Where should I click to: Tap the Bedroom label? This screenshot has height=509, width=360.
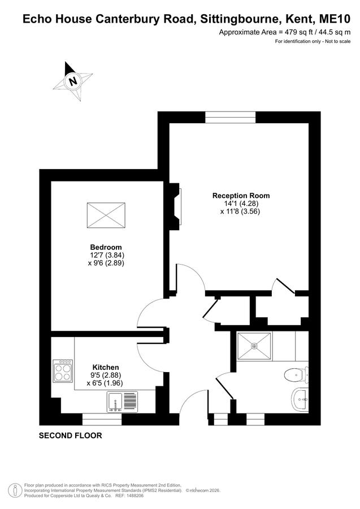[x=106, y=247]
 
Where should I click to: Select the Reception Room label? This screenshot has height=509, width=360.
[x=241, y=196]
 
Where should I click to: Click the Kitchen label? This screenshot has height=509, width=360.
[x=106, y=368]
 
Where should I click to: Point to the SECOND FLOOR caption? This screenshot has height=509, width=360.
[x=71, y=435]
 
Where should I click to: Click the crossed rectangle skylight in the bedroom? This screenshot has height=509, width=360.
[x=106, y=215]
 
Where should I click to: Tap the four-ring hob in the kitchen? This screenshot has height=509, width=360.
[x=63, y=370]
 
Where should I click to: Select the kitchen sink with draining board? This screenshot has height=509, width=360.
[x=122, y=402]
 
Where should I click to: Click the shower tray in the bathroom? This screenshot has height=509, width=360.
[x=254, y=346]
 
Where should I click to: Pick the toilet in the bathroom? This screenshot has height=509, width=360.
[x=296, y=376]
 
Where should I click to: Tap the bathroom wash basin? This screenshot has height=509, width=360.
[x=300, y=400]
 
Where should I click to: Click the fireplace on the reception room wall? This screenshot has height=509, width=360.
[x=175, y=206]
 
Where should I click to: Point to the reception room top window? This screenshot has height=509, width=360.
[x=230, y=117]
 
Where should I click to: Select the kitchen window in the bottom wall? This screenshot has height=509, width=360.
[x=102, y=420]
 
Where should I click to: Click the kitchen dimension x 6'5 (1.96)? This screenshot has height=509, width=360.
[x=105, y=383]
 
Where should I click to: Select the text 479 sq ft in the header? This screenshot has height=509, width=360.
[x=297, y=32]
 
